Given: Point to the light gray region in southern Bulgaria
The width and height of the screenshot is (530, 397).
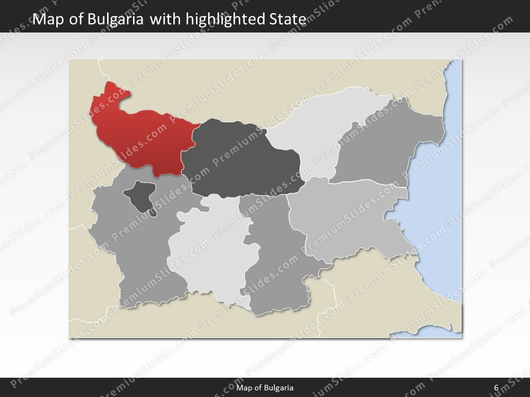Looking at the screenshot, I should click(207, 254).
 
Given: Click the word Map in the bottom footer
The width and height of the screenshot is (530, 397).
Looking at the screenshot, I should click(243, 388).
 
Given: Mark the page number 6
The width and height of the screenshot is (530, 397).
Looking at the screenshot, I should click(496, 388).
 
